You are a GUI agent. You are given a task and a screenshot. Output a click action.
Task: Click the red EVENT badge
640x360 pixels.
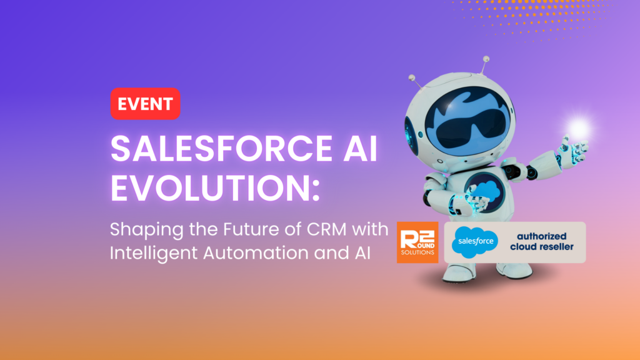145,104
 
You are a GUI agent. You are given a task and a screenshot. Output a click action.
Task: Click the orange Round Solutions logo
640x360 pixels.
417,242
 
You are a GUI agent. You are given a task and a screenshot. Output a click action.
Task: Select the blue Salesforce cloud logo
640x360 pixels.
475,242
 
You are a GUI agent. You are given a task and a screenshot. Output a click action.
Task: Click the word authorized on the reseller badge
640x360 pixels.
542,236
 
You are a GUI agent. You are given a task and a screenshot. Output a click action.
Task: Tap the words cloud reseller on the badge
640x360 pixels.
542,247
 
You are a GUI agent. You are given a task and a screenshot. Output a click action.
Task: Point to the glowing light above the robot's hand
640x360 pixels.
578,129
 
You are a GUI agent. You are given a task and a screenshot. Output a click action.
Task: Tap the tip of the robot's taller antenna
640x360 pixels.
486,59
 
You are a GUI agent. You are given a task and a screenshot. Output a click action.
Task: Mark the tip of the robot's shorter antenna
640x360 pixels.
412,77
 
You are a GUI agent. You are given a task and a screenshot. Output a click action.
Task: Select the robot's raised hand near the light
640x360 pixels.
572,149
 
